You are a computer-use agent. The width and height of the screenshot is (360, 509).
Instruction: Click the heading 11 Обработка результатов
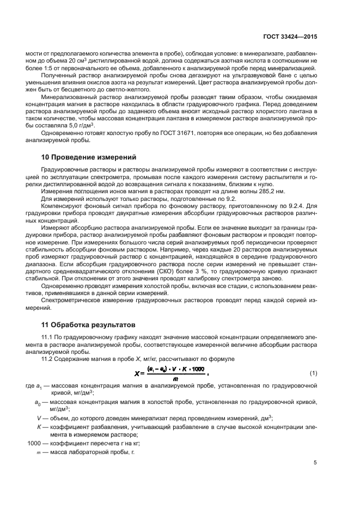[x=86, y=325]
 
